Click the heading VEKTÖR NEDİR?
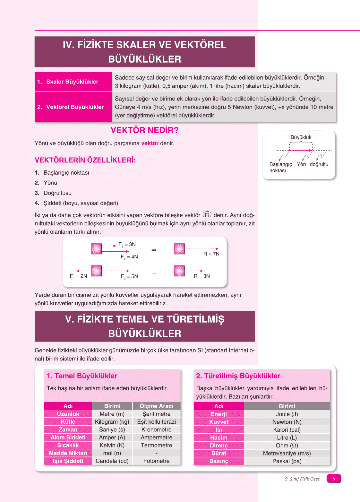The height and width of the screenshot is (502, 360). (144, 130)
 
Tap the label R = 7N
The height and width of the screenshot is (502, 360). (211, 254)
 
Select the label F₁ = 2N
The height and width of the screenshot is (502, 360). (78, 276)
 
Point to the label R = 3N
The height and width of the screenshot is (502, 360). (201, 276)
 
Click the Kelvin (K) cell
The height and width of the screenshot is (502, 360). (112, 445)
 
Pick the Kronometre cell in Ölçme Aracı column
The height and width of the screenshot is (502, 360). (156, 429)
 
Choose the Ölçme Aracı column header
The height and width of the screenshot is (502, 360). (156, 406)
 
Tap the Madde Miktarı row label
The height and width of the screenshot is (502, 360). (68, 453)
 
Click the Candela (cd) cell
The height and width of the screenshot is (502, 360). (112, 461)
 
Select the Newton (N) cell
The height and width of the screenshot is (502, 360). (287, 422)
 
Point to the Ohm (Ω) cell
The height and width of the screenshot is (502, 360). (287, 446)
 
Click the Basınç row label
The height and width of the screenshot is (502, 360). (219, 461)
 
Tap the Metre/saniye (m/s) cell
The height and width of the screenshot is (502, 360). (287, 453)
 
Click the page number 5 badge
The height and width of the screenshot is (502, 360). (334, 479)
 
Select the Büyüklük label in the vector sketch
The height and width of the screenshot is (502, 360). (301, 137)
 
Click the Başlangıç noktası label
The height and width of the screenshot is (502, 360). (280, 167)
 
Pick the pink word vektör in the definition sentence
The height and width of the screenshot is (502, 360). (150, 143)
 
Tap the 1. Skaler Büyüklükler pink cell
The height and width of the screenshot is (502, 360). (73, 82)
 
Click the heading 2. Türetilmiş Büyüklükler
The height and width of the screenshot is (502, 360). (238, 376)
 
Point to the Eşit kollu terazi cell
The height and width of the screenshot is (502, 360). (156, 422)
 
